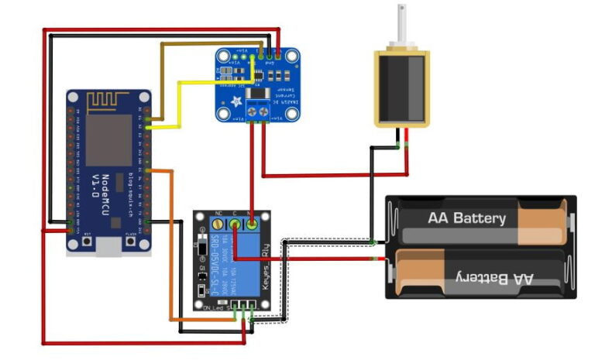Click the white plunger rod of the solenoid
pyautogui.click(x=401, y=23)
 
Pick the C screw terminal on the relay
pyautogui.click(x=233, y=225)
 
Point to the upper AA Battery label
pyautogui.click(x=466, y=218)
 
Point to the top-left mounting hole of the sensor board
pyautogui.click(x=223, y=56)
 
